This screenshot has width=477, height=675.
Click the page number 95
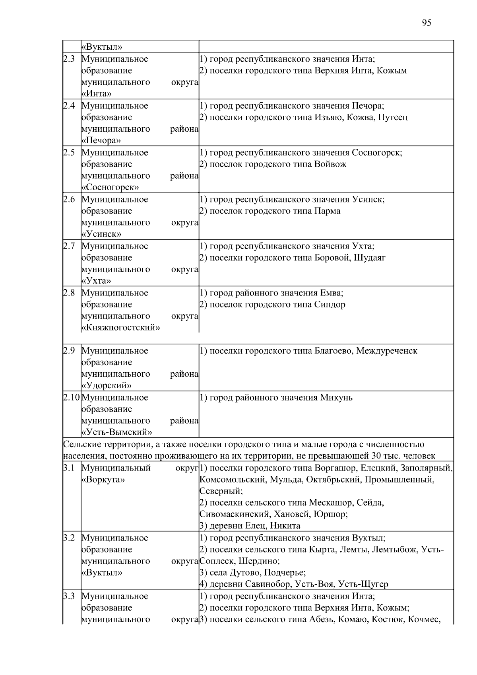(426, 23)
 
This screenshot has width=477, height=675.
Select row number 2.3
(69, 59)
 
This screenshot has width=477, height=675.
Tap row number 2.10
(72, 397)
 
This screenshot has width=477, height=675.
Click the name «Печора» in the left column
(101, 140)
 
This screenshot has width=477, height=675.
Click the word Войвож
(330, 164)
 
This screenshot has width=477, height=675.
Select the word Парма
(327, 211)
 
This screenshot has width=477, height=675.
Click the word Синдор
(330, 305)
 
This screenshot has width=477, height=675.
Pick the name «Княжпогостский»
(120, 328)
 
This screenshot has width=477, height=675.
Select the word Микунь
(336, 398)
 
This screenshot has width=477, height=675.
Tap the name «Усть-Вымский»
(116, 432)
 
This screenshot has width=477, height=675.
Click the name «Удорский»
(106, 385)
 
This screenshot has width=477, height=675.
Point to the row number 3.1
(69, 468)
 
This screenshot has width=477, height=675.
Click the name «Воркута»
(103, 480)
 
